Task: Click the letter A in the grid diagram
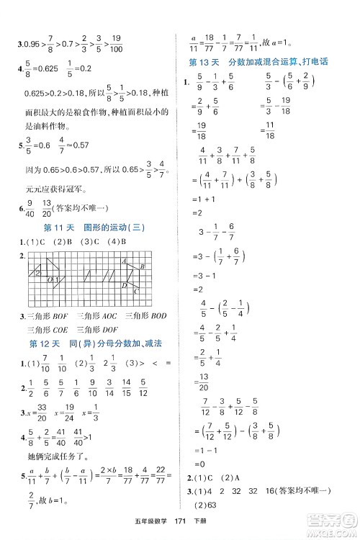coord(124,262)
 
